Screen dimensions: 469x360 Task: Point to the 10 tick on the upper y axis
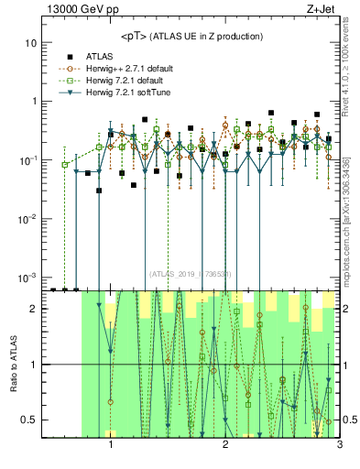click(33, 43)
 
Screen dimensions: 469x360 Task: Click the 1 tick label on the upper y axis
click(36, 102)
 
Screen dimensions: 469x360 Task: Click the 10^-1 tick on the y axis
click(30, 159)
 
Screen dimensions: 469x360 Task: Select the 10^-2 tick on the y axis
click(30, 218)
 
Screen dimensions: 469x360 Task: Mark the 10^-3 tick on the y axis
click(30, 277)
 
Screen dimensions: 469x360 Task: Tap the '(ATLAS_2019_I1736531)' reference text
click(191, 274)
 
